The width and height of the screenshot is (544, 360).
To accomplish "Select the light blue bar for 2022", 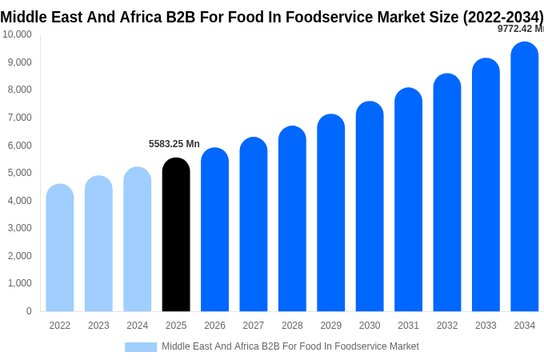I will [x=60, y=248].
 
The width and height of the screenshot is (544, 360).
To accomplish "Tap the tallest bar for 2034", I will [x=524, y=177].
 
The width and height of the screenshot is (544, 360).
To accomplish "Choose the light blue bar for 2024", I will [x=138, y=239].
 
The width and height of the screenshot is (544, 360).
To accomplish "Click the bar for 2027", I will [x=254, y=224].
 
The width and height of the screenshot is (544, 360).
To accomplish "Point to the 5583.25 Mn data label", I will [x=174, y=144].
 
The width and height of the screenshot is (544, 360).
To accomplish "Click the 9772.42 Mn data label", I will [x=520, y=29].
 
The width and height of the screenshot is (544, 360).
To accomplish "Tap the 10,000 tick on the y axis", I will [x=17, y=34].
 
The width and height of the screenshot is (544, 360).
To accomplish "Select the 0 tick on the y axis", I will [x=29, y=311].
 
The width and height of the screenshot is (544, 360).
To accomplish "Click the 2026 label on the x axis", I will [x=214, y=326].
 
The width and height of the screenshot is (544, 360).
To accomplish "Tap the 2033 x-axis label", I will [x=486, y=326].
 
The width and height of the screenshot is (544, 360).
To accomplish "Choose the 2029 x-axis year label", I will [x=330, y=326].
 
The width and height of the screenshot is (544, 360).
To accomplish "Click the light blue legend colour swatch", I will [x=141, y=346].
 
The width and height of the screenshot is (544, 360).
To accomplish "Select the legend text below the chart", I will [x=290, y=346].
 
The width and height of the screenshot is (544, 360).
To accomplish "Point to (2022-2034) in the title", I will [x=503, y=17].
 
